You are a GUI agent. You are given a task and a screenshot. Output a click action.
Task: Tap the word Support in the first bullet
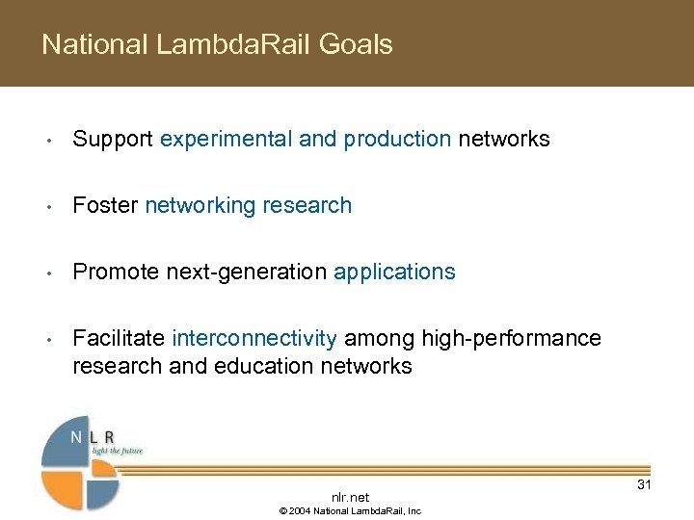pyautogui.click(x=113, y=140)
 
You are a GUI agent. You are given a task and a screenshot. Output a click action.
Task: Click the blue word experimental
pyautogui.click(x=227, y=140)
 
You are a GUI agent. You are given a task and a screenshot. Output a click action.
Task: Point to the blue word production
pyautogui.click(x=396, y=140)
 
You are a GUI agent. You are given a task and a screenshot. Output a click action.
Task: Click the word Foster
pyautogui.click(x=105, y=205)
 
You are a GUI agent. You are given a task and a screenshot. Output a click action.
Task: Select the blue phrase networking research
pyautogui.click(x=248, y=205)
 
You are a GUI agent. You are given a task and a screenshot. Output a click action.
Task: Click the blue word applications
pyautogui.click(x=394, y=272)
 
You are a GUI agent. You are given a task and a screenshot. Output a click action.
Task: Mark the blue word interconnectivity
pyautogui.click(x=254, y=338)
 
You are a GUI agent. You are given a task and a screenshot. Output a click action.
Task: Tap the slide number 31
pyautogui.click(x=644, y=484)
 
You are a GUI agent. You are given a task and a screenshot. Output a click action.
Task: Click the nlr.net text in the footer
pyautogui.click(x=350, y=497)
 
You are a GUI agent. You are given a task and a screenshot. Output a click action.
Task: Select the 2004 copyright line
pyautogui.click(x=350, y=511)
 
